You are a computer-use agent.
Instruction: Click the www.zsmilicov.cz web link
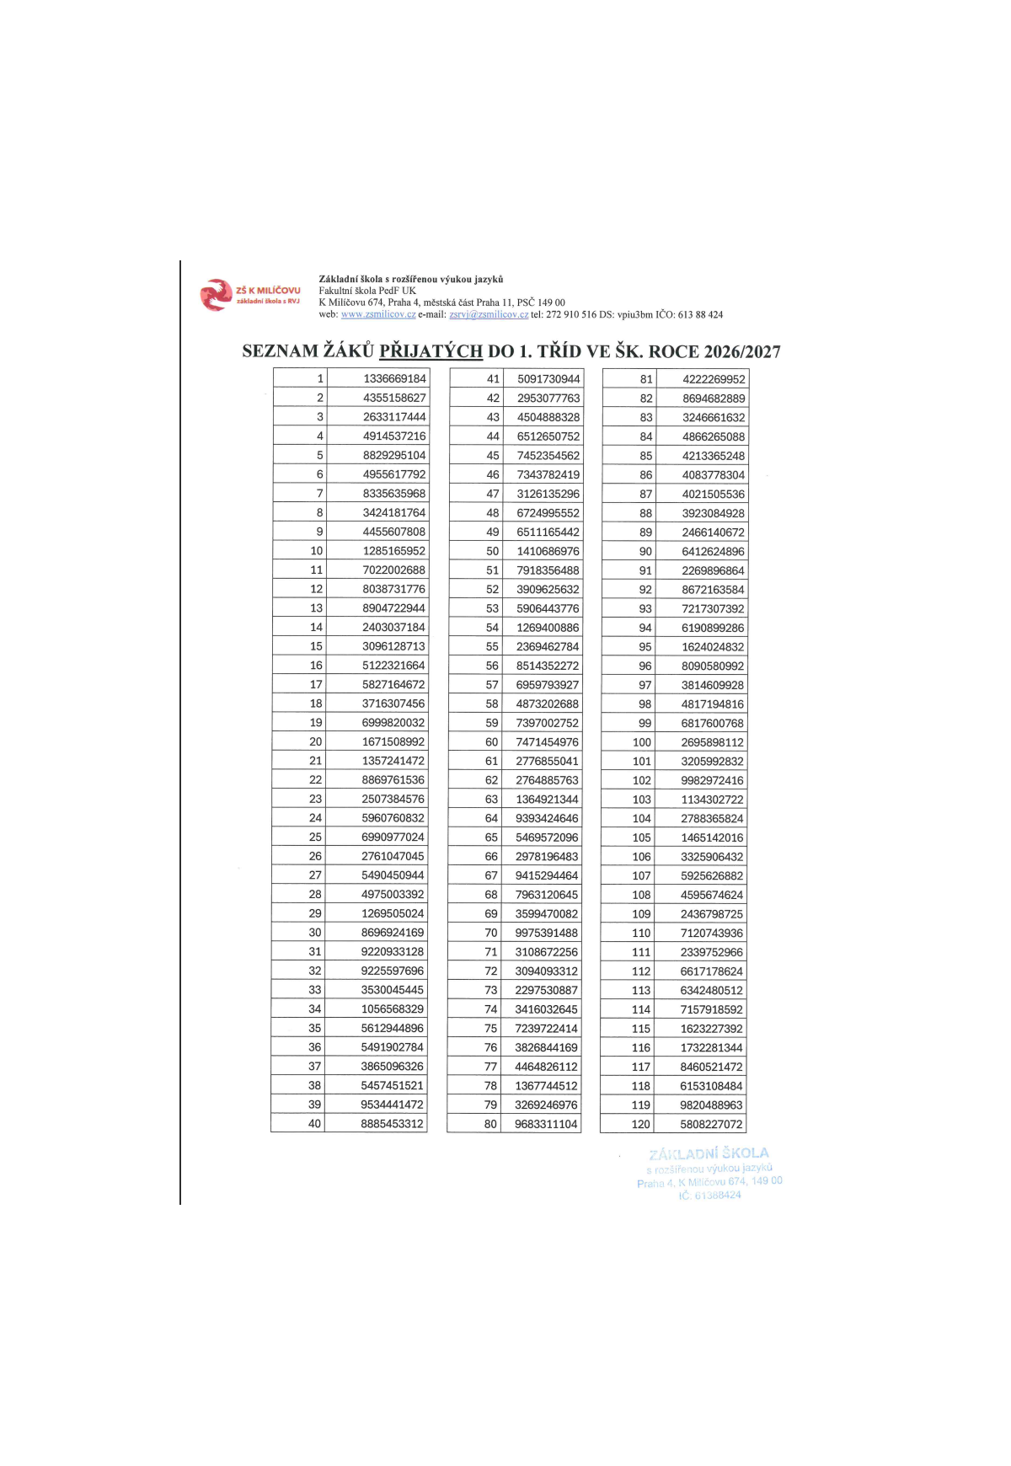(378, 314)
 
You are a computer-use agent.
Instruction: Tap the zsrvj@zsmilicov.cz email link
(489, 314)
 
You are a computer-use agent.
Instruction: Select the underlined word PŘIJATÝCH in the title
(431, 351)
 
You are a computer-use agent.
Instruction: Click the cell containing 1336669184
(394, 378)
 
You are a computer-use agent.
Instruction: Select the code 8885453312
(392, 1123)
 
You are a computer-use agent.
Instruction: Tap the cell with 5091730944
(548, 379)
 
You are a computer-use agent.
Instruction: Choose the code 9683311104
(546, 1124)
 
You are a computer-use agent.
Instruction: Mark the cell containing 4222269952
(714, 379)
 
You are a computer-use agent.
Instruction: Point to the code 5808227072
(711, 1124)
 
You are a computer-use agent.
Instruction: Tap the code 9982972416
(712, 780)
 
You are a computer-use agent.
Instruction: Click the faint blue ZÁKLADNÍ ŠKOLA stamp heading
(709, 1153)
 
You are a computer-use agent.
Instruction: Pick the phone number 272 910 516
(571, 314)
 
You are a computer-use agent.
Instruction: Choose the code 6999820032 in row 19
(393, 722)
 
